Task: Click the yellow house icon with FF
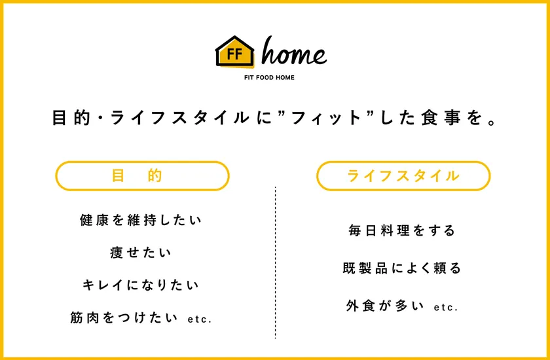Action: coord(234,51)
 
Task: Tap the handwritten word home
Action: coord(294,52)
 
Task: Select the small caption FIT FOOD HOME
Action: coord(269,77)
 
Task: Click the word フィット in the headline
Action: coord(325,118)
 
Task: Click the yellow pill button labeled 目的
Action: coord(143,175)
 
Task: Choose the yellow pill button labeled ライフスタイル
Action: coord(403,175)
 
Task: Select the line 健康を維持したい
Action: coord(141,220)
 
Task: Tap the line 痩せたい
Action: coord(141,253)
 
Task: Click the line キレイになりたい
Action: coord(141,285)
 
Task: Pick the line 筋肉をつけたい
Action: coord(124,317)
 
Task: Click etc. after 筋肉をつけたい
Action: coord(200,319)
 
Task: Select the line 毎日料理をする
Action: coord(402,230)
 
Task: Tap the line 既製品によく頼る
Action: coord(402,268)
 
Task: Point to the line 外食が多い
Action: coord(385,306)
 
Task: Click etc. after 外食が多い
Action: coord(446,308)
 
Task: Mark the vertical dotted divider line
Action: coord(276,263)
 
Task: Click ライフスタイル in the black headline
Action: coord(179,118)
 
